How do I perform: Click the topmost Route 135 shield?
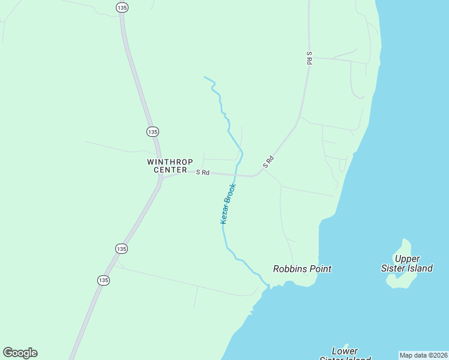pos(122,7)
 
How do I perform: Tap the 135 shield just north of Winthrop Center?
pos(152,131)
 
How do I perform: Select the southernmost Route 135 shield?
pos(103,280)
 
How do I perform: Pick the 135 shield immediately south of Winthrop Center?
pos(121,248)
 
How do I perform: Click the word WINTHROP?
pos(170,162)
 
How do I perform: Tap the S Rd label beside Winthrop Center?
pos(203,173)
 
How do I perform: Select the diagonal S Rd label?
pos(268,161)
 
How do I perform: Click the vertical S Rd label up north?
pos(309,58)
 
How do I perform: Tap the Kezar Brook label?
pos(228,204)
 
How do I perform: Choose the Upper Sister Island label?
pos(407,263)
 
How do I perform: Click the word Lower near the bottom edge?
pos(345,351)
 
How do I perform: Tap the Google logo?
pos(20,353)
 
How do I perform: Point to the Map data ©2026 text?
pos(423,355)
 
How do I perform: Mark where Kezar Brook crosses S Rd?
pos(235,175)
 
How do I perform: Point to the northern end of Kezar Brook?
pos(205,77)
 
